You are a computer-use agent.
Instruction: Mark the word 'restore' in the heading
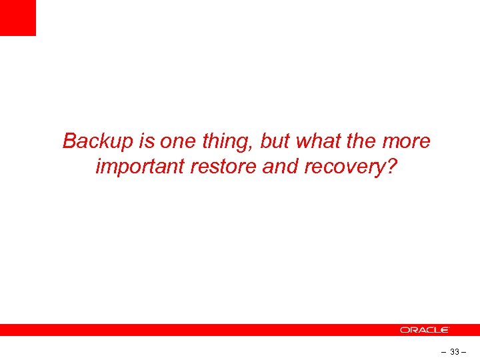(x=224, y=167)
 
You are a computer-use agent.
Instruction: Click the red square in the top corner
(x=17, y=17)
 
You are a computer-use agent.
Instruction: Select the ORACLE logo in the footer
(x=425, y=330)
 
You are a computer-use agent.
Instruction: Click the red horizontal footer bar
(x=200, y=330)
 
